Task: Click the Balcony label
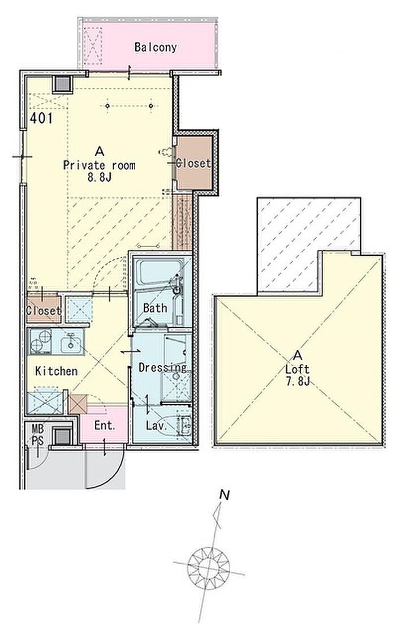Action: point(156,48)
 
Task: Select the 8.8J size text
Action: point(99,177)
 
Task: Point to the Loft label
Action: point(298,369)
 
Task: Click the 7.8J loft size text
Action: point(298,381)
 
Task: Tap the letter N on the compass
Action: point(225,495)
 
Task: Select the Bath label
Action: point(154,308)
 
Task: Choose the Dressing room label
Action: point(162,368)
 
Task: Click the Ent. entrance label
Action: point(105,426)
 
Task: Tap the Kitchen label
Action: point(56,371)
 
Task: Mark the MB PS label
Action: point(38,435)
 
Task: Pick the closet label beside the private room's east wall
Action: point(193,163)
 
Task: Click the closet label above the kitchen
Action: point(44,311)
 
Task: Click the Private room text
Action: point(99,166)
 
